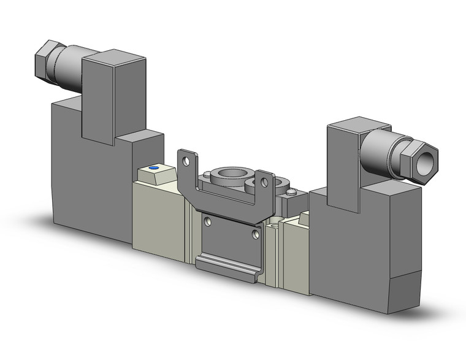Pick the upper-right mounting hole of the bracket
[x=264, y=182]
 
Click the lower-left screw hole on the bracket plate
[x=208, y=221]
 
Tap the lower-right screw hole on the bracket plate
[x=256, y=234]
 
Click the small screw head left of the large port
[x=207, y=174]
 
